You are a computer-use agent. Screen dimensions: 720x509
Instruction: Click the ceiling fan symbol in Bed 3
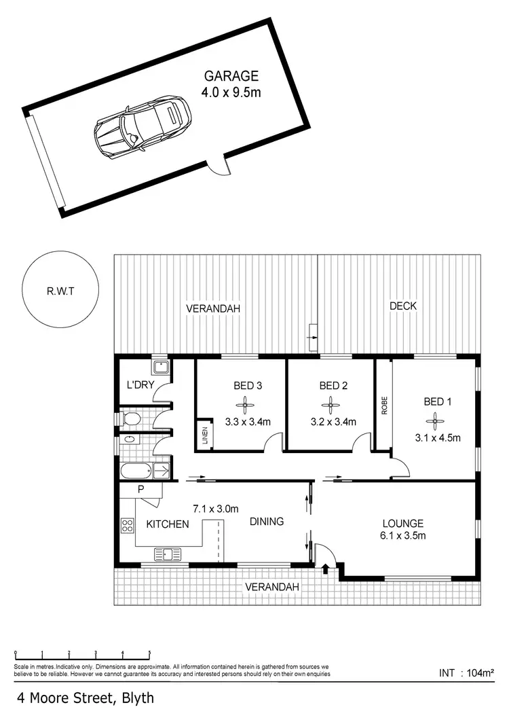coord(248,407)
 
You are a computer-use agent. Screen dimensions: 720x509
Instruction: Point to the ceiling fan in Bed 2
coord(333,407)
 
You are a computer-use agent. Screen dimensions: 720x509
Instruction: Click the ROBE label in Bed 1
coord(384,406)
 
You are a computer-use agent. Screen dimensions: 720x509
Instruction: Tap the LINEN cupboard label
coord(205,435)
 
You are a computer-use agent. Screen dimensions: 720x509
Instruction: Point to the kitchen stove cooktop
coord(127,524)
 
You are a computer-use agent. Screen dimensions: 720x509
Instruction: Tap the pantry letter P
coord(141,488)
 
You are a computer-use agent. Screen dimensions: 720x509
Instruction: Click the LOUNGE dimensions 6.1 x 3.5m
coord(403,536)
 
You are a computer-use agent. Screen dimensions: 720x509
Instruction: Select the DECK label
coord(403,306)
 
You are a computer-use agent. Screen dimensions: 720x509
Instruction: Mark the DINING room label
coord(266,522)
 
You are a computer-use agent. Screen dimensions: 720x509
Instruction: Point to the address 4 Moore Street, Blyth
coord(86,698)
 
